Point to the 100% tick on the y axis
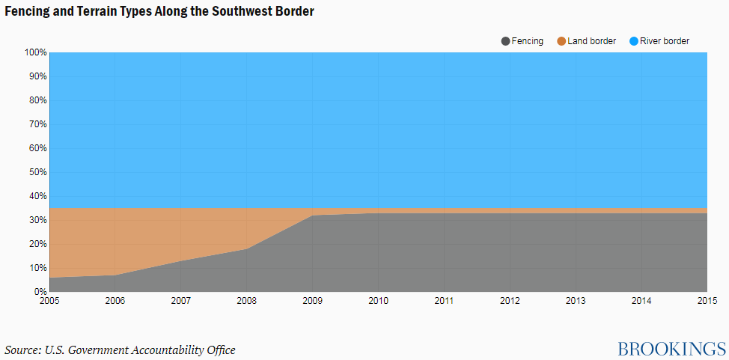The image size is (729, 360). click(35, 52)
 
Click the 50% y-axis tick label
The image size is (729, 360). click(37, 172)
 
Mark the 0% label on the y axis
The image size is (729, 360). click(40, 292)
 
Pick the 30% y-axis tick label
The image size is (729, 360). click(37, 220)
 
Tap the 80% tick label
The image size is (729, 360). click(37, 100)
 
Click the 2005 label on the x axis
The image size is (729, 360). click(49, 300)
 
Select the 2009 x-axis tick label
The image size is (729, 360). click(313, 300)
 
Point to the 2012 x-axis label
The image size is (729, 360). click(510, 300)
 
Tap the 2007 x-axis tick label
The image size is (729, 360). click(181, 300)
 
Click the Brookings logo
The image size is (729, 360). click(671, 348)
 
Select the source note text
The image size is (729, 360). click(120, 350)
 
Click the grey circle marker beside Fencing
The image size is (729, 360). click(506, 41)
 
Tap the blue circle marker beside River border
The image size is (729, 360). click(634, 41)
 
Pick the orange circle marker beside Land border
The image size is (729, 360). click(561, 41)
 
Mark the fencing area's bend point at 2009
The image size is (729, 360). click(313, 216)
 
